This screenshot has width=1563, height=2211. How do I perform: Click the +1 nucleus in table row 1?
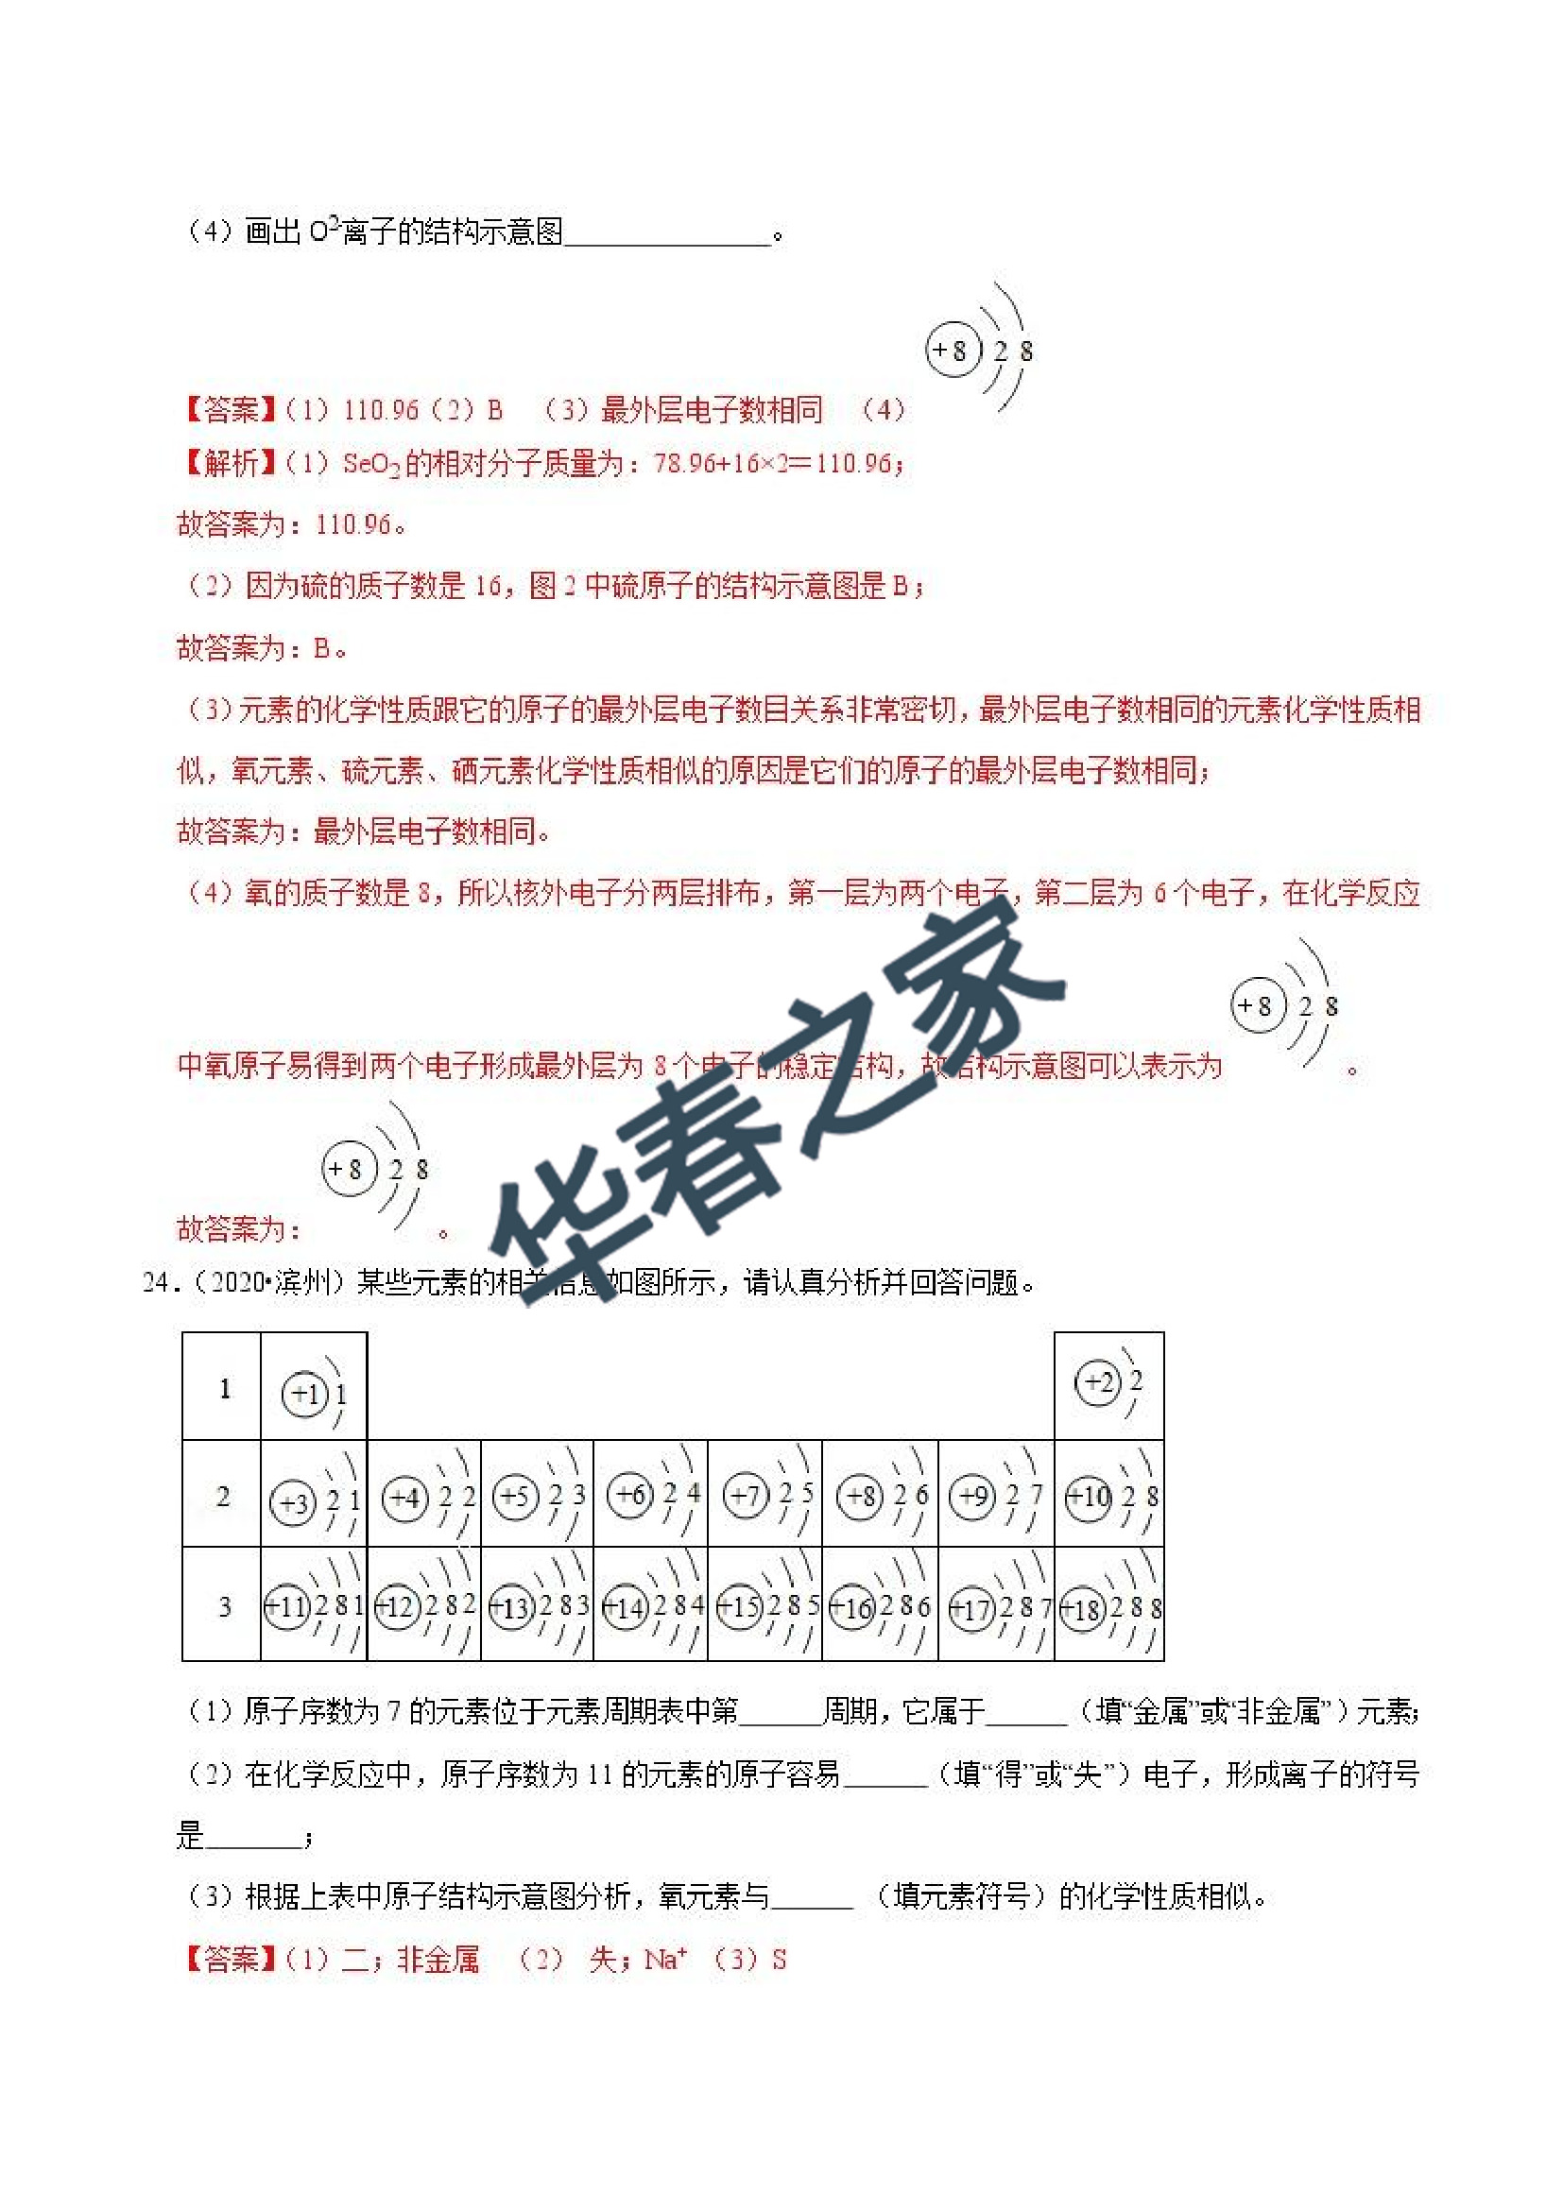304,1394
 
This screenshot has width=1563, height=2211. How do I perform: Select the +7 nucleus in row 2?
745,1497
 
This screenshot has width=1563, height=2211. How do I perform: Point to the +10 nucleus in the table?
1089,1499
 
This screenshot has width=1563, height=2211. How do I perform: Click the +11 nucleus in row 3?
286,1606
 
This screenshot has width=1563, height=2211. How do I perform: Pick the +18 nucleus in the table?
1082,1608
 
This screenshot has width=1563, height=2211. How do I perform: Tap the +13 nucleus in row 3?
511,1607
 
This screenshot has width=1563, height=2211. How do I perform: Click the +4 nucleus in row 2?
405,1499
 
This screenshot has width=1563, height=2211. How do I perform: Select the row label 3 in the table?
223,1606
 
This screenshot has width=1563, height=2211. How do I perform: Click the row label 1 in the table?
224,1389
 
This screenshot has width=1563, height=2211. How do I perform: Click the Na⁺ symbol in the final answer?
664,1960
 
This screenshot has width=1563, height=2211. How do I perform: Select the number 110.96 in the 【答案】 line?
381,410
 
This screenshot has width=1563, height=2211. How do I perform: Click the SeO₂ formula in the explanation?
370,464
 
